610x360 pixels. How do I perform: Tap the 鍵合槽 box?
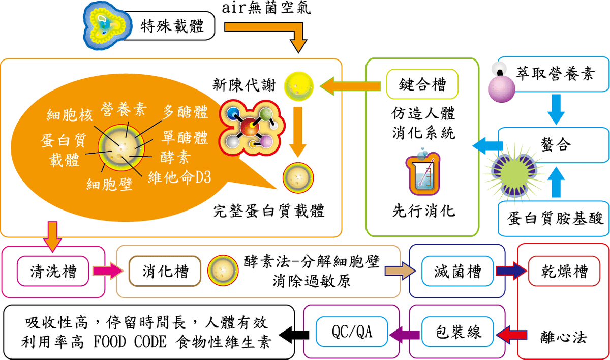(x=422, y=84)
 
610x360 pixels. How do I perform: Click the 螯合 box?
(x=555, y=145)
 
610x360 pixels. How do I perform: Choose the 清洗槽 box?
(x=53, y=271)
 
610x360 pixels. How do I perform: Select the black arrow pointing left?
(x=295, y=334)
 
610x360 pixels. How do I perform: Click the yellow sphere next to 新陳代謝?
(x=298, y=86)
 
